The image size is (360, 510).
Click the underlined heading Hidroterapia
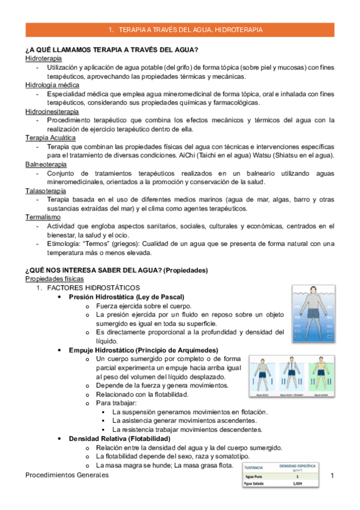tap(43, 59)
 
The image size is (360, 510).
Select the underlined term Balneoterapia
tap(46, 164)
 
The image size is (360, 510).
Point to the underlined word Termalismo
tap(42, 217)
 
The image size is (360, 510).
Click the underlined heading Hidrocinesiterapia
tap(52, 112)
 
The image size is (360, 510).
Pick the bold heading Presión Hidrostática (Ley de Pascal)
tap(127, 297)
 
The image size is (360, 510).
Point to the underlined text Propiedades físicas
tap(55, 279)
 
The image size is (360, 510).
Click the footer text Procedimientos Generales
tap(67, 476)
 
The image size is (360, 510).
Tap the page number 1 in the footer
tap(332, 476)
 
